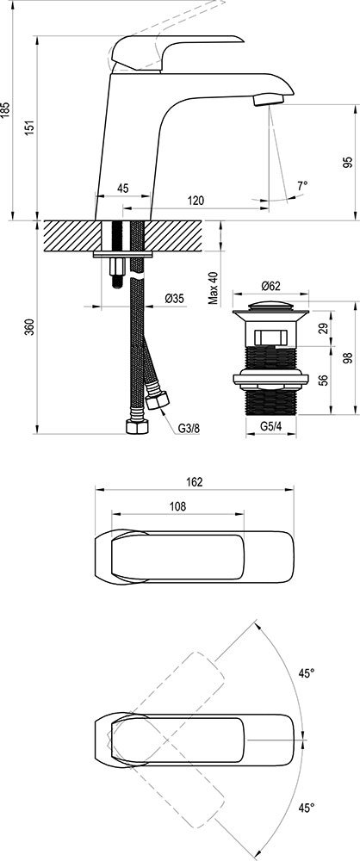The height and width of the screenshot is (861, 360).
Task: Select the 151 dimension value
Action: (31, 127)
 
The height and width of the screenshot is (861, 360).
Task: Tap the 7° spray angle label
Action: (301, 186)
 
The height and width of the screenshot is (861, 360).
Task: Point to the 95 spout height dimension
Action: (347, 163)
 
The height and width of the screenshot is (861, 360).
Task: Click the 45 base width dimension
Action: (122, 189)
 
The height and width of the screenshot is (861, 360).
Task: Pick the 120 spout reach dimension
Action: (196, 201)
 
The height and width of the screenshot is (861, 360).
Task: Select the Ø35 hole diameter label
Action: (175, 299)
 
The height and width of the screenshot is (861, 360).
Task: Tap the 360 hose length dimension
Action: (31, 326)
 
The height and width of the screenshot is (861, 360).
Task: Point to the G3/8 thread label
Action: (189, 429)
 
